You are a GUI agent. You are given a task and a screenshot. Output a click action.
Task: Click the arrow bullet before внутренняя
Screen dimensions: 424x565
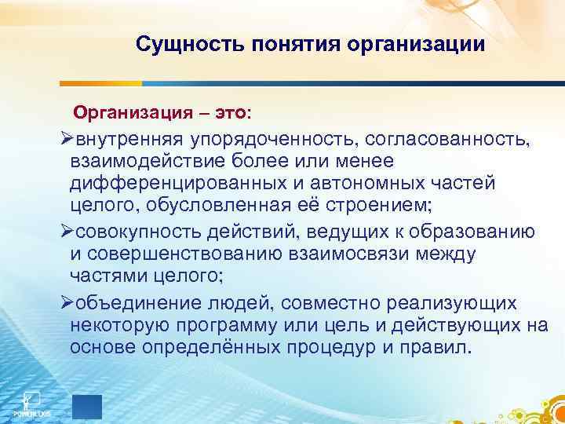coord(66,140)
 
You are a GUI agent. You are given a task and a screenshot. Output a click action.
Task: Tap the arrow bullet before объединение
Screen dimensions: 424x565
coord(66,303)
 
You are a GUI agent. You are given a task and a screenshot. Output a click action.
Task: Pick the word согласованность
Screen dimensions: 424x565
coord(447,140)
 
